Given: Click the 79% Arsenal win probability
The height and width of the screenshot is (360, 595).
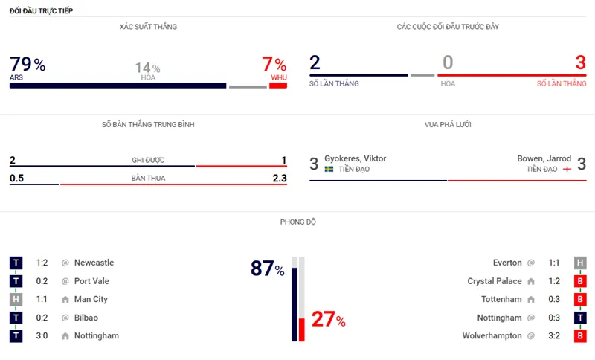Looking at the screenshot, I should [28, 65].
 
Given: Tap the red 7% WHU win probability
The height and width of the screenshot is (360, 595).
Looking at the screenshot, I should [274, 65].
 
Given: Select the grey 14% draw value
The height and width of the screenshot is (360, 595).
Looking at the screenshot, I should [147, 68].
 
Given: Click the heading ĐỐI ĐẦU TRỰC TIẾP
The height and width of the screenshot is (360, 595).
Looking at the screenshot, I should [41, 11].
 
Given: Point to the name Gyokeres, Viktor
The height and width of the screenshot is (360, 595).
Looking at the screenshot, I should [355, 158].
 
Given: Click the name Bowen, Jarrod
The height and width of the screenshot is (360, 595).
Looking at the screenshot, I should [544, 158].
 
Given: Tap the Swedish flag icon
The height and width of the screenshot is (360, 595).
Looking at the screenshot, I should [329, 170].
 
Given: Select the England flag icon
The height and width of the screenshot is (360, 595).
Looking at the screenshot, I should [567, 170].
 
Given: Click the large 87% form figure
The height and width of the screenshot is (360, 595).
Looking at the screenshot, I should [267, 269].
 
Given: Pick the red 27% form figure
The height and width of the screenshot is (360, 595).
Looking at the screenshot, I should [328, 320].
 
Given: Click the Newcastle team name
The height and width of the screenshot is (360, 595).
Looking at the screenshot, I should [94, 263].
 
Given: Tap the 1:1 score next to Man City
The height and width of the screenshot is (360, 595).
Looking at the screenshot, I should [43, 299].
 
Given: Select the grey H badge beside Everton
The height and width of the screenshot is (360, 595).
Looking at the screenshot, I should [579, 263].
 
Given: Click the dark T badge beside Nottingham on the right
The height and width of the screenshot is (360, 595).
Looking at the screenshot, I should [579, 318].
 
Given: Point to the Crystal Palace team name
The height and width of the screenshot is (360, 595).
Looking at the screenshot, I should [495, 281].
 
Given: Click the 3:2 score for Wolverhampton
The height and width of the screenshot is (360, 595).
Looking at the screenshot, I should [553, 336].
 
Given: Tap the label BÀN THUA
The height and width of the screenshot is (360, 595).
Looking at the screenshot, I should [147, 179].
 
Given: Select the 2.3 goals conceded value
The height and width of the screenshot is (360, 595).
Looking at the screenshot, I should [279, 178].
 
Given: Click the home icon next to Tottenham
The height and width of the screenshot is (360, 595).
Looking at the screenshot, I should [531, 300].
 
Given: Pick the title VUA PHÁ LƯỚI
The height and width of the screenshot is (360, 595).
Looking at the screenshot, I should [447, 125].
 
